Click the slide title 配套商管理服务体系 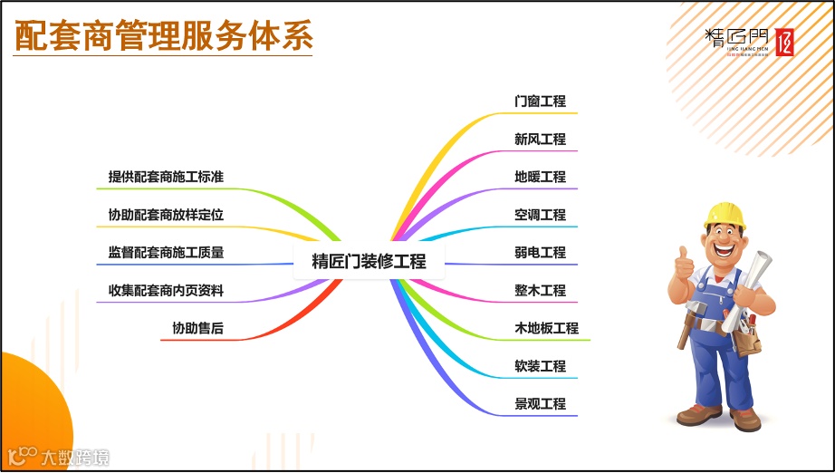(x=164, y=36)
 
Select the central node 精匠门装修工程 (x=369, y=262)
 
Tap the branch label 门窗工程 (x=540, y=101)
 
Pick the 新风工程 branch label (x=540, y=140)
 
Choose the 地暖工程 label (x=540, y=177)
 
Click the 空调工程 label (x=540, y=215)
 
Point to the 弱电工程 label (x=540, y=253)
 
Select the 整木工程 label (x=540, y=291)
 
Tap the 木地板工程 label (x=546, y=328)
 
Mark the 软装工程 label (x=540, y=366)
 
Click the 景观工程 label (x=540, y=404)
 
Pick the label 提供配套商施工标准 (x=166, y=178)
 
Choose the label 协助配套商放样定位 (x=166, y=216)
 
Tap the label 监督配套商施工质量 (x=166, y=253)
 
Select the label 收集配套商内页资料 (x=166, y=291)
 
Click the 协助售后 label (x=197, y=329)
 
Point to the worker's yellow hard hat (x=724, y=214)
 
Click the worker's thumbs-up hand (x=684, y=265)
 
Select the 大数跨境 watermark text (x=75, y=458)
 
